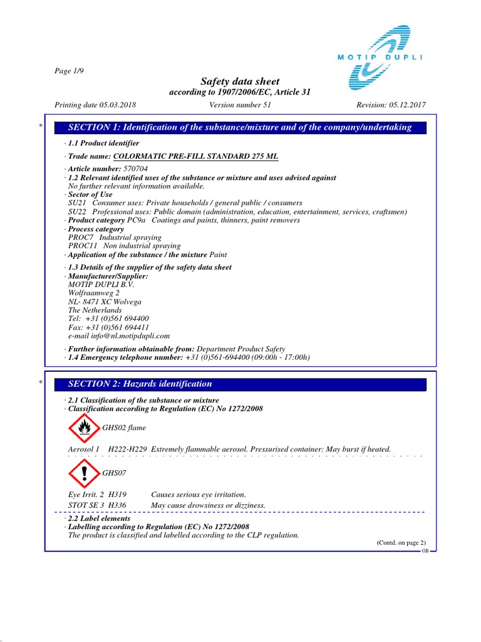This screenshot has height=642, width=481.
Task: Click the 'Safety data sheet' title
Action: [x=240, y=82]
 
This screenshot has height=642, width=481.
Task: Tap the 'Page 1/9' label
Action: [x=70, y=70]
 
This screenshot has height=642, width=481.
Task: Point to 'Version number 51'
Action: [x=240, y=105]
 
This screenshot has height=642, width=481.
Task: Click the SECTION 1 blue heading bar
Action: [x=240, y=127]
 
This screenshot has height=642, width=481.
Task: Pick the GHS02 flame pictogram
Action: [x=83, y=428]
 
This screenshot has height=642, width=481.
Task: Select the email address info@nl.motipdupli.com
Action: [x=130, y=336]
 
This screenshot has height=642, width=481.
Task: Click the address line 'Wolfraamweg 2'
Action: [x=93, y=292]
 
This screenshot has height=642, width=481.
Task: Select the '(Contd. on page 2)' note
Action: [x=400, y=542]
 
